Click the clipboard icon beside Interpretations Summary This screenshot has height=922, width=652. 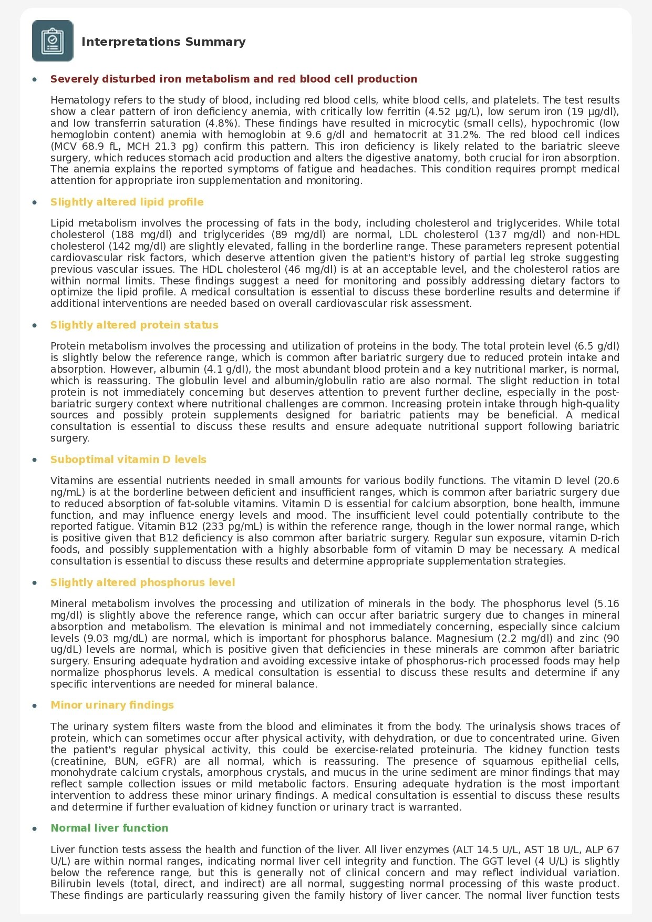pyautogui.click(x=53, y=41)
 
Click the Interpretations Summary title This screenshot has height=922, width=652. pyautogui.click(x=163, y=42)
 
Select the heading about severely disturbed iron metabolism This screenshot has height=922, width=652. pyautogui.click(x=234, y=79)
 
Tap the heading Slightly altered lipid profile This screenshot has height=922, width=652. pyautogui.click(x=127, y=202)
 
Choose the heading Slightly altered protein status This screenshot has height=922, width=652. pyautogui.click(x=134, y=325)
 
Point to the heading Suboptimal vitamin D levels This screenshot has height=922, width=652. pyautogui.click(x=128, y=460)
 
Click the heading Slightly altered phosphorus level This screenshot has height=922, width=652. pyautogui.click(x=142, y=583)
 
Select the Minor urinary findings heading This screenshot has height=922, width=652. pyautogui.click(x=112, y=705)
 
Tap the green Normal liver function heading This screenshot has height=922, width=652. pyautogui.click(x=109, y=828)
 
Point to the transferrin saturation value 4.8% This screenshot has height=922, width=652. pyautogui.click(x=218, y=124)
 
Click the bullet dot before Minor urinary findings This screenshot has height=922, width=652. pyautogui.click(x=35, y=705)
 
